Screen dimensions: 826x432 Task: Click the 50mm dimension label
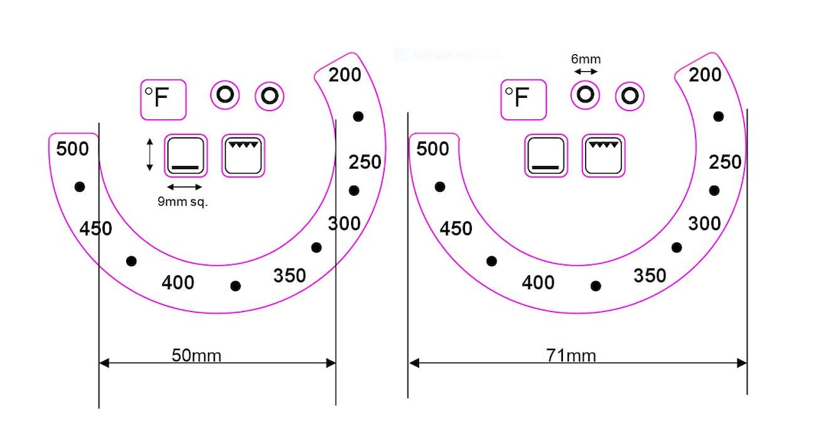click(196, 356)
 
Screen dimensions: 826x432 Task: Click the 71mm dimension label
click(571, 356)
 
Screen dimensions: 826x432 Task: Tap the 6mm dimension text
click(586, 59)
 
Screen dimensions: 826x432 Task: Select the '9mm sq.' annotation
click(183, 201)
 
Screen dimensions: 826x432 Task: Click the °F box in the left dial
click(164, 99)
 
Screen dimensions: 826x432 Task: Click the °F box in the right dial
click(524, 99)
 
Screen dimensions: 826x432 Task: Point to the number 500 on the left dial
click(72, 149)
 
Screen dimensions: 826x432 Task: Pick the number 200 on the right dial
click(705, 75)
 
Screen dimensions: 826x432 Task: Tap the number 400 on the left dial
click(177, 283)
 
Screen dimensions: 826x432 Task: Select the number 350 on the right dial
click(649, 275)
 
